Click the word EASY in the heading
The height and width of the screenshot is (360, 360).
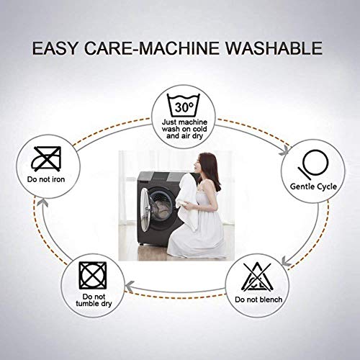tap(55, 48)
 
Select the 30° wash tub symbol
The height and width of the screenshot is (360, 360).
tap(184, 106)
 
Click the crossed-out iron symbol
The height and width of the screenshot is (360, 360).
tap(46, 158)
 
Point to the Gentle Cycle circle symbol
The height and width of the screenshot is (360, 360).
tap(313, 164)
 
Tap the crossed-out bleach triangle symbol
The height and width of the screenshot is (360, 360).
tap(257, 277)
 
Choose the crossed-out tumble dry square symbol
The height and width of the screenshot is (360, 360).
tap(93, 276)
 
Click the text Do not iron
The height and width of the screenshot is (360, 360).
tap(46, 179)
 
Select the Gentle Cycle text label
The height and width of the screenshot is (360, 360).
tap(313, 186)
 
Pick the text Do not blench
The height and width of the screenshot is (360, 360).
tap(258, 300)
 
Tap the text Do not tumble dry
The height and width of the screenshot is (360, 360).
tap(94, 300)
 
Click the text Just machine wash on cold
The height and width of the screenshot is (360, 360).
tap(184, 125)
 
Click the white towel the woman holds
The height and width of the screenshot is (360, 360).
tap(188, 201)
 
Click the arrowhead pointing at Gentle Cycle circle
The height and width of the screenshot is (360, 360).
tap(287, 150)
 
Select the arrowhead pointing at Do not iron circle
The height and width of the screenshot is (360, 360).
tap(43, 203)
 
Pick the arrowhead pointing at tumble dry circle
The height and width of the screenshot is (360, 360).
tap(130, 286)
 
